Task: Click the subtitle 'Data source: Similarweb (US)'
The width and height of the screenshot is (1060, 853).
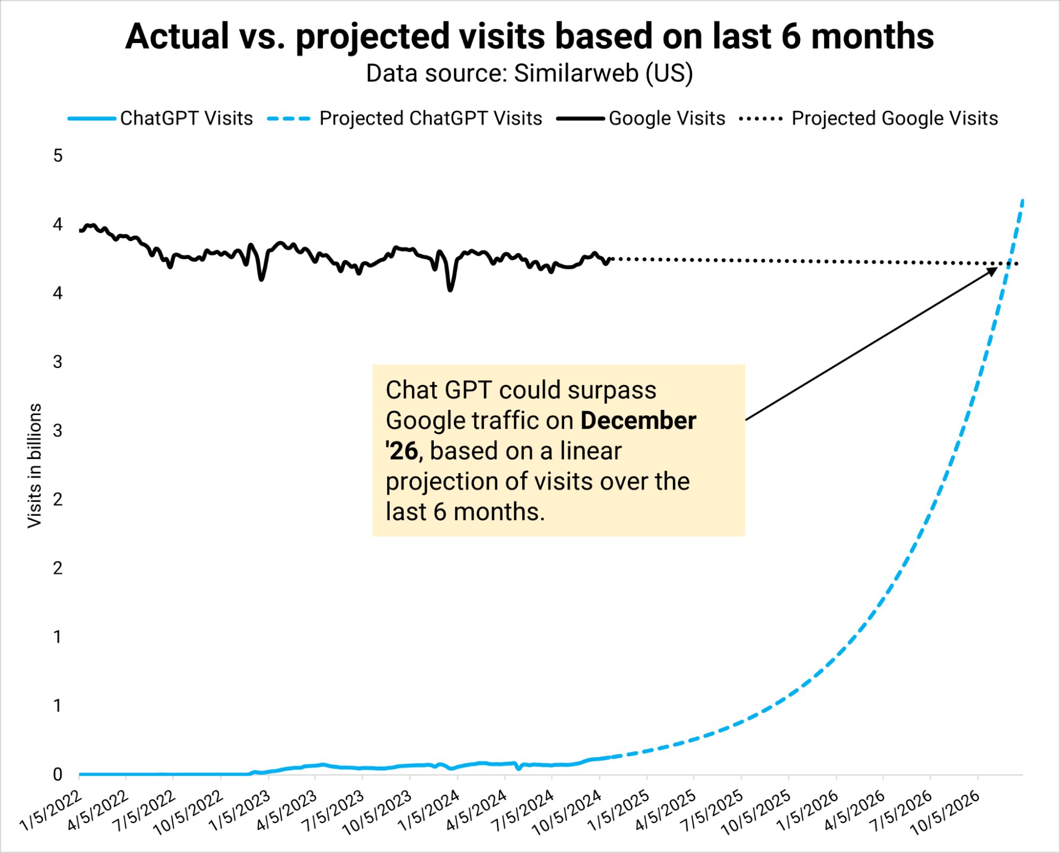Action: tap(529, 73)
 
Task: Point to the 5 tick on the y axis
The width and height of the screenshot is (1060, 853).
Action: tap(57, 156)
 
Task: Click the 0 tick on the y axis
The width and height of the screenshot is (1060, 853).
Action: tap(57, 775)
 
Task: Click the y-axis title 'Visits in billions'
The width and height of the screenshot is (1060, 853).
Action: tap(34, 465)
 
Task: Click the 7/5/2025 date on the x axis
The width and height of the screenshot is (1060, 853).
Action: tap(712, 810)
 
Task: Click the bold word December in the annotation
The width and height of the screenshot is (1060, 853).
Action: tap(638, 420)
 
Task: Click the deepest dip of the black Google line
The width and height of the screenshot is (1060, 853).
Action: tap(450, 289)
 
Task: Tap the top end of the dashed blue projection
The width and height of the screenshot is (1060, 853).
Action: tap(1022, 201)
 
